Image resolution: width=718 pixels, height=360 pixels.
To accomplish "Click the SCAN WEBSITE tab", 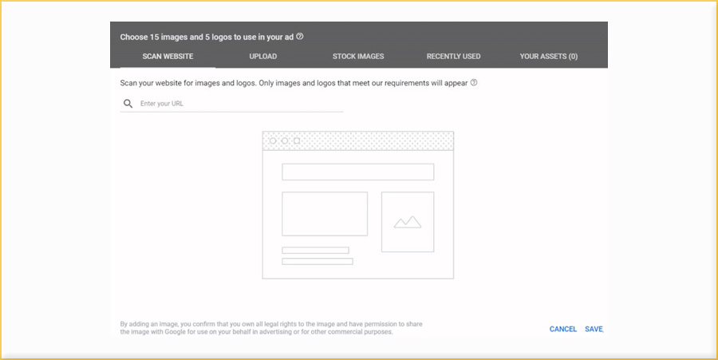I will (x=168, y=57).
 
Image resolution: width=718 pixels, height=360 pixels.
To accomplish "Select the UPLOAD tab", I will (x=263, y=57).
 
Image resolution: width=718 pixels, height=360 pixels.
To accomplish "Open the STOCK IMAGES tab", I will (x=358, y=57).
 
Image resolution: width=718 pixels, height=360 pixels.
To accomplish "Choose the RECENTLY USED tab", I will (x=453, y=57).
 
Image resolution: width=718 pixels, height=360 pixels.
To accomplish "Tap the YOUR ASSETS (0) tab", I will (x=548, y=57).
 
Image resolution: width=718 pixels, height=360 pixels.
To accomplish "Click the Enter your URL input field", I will (x=239, y=104).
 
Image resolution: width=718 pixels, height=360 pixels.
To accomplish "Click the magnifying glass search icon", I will (x=128, y=104).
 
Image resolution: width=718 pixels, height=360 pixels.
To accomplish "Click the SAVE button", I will (x=594, y=329).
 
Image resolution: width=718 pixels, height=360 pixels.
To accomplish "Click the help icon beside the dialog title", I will (x=300, y=37).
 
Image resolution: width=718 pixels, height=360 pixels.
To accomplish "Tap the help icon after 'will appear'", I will (x=474, y=82).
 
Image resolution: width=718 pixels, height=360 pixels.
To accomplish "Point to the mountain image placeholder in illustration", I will (x=408, y=222).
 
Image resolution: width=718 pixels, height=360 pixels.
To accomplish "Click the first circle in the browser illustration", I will (x=273, y=141).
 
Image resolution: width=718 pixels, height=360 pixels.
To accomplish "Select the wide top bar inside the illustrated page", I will (x=357, y=172).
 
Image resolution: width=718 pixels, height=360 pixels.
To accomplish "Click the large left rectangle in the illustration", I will (x=325, y=214).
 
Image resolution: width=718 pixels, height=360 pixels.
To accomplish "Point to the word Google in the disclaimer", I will (x=164, y=332).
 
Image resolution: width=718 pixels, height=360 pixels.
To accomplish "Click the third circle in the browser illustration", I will (x=297, y=141).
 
